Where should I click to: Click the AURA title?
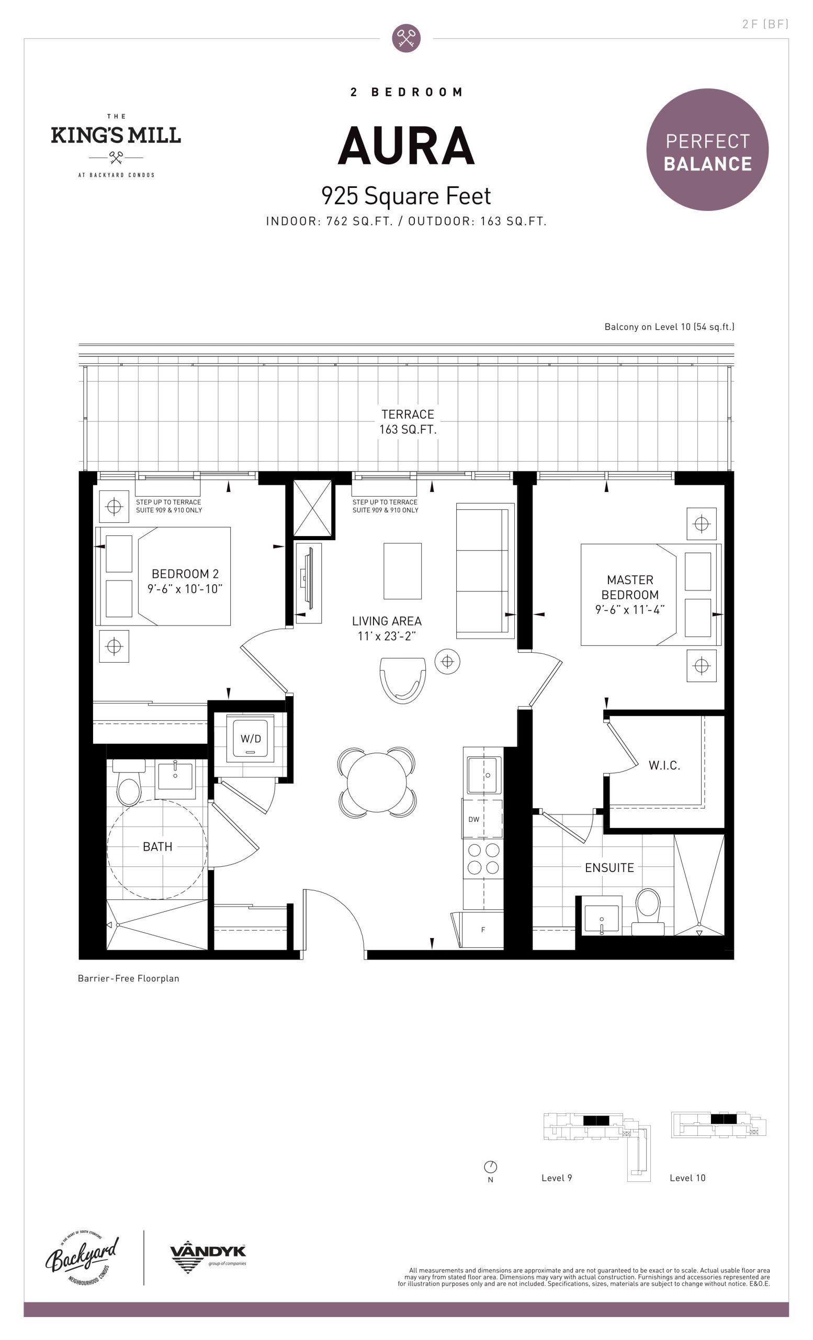pos(406,146)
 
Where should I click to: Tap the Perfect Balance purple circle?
pos(707,150)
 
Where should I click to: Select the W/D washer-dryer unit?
pos(251,738)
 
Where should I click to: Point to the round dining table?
pos(376,782)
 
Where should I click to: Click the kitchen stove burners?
pos(483,859)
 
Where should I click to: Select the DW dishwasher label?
pos(474,820)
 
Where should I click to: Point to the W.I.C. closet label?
pos(664,766)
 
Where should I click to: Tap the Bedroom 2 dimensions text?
pos(185,589)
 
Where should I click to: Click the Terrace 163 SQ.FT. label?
pos(408,422)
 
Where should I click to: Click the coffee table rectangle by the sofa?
pos(403,571)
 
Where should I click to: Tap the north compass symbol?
pos(490,1167)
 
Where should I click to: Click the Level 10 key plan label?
pos(687,1178)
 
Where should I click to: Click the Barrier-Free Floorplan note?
pos(128,978)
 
